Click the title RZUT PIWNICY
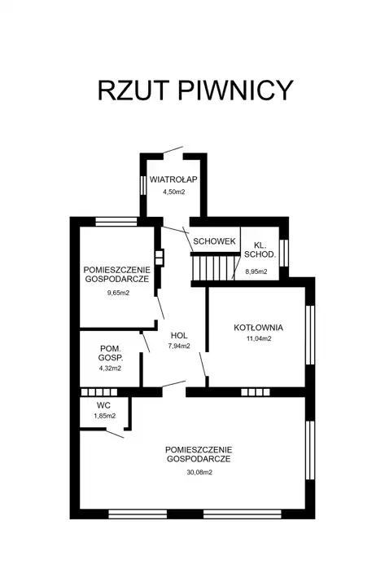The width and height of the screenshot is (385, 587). [x=195, y=90]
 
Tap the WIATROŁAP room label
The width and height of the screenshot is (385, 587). [x=173, y=179]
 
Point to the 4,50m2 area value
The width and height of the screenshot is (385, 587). [x=173, y=192]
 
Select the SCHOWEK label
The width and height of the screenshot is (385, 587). [x=215, y=241]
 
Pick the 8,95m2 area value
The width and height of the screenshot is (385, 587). [x=256, y=271]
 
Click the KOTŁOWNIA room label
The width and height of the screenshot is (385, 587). [x=258, y=328]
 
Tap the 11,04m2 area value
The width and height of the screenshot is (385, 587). [x=258, y=339]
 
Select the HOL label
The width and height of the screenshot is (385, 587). [x=179, y=335]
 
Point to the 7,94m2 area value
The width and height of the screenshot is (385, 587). [x=179, y=346]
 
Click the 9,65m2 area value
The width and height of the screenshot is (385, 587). [x=118, y=293]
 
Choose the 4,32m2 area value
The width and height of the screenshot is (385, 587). [x=110, y=369]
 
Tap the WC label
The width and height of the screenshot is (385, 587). [x=103, y=405]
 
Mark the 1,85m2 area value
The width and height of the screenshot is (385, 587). [x=105, y=416]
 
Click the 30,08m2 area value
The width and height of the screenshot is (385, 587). [x=199, y=472]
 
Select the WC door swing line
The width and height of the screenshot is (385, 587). [x=115, y=434]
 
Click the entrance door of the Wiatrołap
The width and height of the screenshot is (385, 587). [x=173, y=150]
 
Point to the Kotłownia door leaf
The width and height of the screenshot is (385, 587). [x=203, y=364]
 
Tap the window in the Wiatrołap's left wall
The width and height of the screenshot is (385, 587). [x=142, y=184]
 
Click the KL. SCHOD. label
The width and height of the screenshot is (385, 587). [x=260, y=250]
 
